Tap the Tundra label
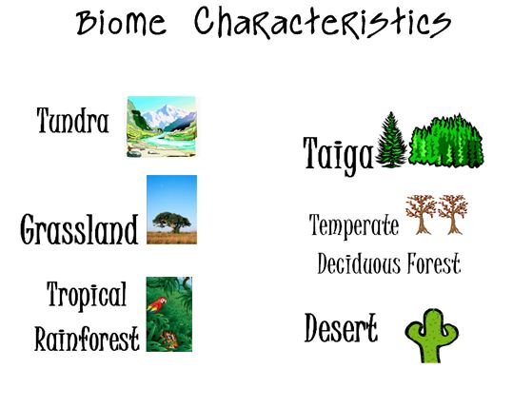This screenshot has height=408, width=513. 73,121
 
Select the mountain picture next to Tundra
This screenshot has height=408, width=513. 161,126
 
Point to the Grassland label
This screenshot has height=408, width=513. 79,228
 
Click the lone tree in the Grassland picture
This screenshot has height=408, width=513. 171,220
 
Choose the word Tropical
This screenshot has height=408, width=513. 86,296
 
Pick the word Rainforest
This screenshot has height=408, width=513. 87,338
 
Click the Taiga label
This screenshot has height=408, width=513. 337,154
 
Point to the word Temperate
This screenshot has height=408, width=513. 354,225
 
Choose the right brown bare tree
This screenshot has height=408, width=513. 452,214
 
